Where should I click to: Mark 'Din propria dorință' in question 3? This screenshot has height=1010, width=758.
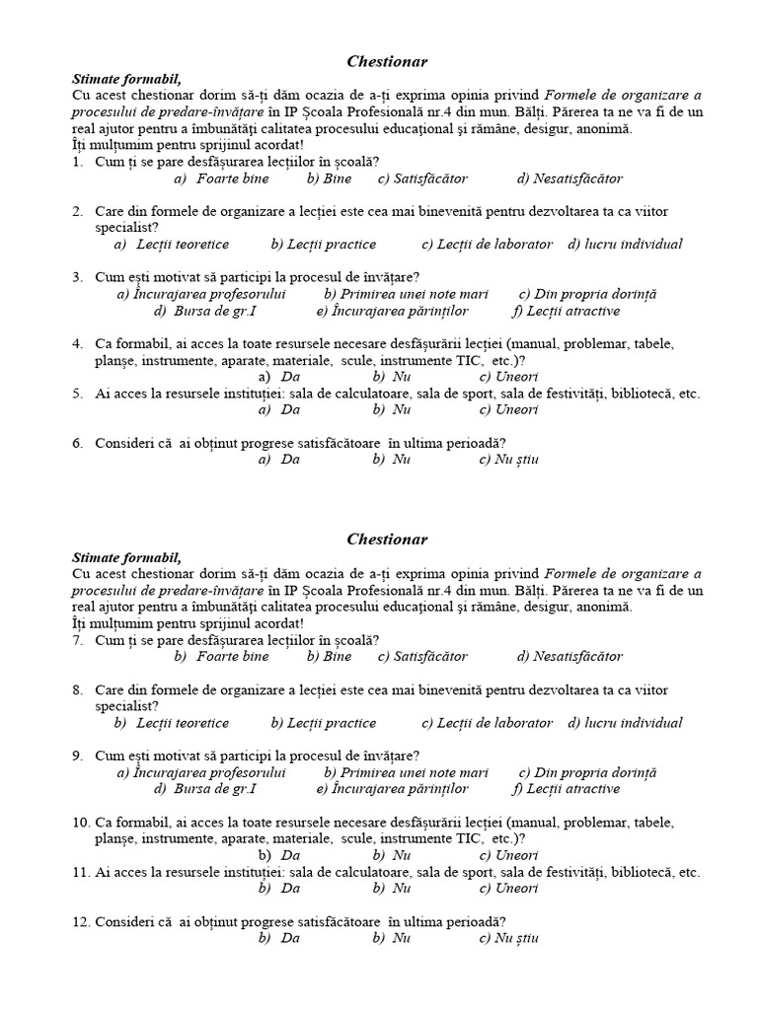coord(597,294)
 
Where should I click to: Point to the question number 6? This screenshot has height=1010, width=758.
coord(77,443)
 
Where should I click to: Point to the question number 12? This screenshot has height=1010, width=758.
coord(80,921)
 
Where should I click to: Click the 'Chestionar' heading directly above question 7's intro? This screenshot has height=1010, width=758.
coord(387,540)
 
